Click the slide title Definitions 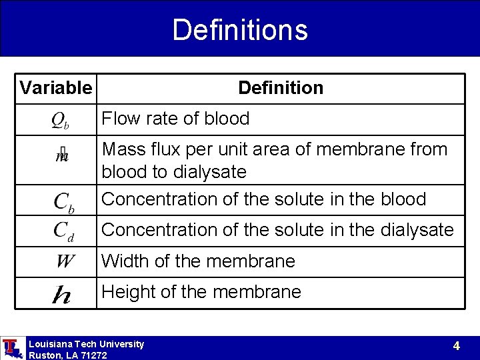(240, 30)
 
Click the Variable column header (56, 88)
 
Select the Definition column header (280, 88)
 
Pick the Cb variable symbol (63, 201)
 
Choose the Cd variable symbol (63, 231)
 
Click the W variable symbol (65, 261)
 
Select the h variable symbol (61, 293)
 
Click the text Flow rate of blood (175, 119)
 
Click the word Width (125, 261)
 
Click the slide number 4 (456, 346)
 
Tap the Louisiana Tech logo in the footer (11, 348)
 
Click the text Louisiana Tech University (86, 344)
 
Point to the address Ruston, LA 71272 (67, 355)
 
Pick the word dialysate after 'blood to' (209, 172)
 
